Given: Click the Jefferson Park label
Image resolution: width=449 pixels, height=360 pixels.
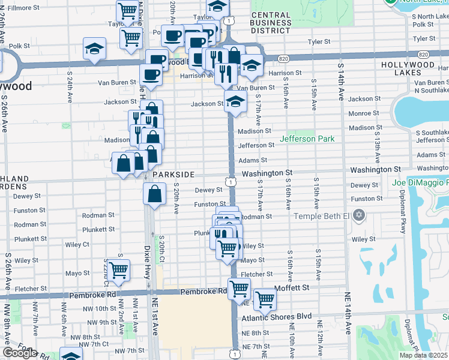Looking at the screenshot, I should (307, 139).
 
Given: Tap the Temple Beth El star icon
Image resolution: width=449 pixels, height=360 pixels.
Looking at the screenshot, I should (359, 215).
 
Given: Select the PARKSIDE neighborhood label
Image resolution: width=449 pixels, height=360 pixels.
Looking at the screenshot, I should (173, 174).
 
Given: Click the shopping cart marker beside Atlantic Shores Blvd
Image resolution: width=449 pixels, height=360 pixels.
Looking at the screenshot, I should (265, 299).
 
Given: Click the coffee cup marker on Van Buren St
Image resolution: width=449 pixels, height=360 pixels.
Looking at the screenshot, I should (151, 74).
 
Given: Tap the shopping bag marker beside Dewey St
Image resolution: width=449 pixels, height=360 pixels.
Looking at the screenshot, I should (155, 193).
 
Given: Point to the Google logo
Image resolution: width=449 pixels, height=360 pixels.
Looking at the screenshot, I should (19, 353).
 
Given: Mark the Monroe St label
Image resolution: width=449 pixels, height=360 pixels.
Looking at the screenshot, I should (364, 113).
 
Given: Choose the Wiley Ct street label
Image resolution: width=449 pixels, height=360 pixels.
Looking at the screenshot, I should (77, 244).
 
